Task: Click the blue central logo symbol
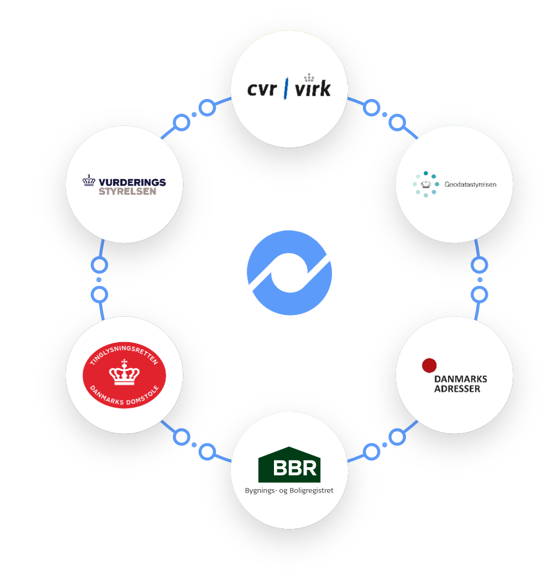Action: coord(289,273)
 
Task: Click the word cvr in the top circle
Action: coord(261,89)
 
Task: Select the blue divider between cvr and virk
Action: coord(286,88)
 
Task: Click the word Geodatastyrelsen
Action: coord(470,184)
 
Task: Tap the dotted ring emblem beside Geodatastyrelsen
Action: coord(425,184)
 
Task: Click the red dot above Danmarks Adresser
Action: coord(429,365)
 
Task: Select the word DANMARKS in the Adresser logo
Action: coord(460,379)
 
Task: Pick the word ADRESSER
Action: coord(457,389)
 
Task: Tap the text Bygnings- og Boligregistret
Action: coord(289,490)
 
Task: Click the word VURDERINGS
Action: coord(132,182)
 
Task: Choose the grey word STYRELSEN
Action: coord(127,191)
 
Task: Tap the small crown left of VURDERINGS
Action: coord(89,181)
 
